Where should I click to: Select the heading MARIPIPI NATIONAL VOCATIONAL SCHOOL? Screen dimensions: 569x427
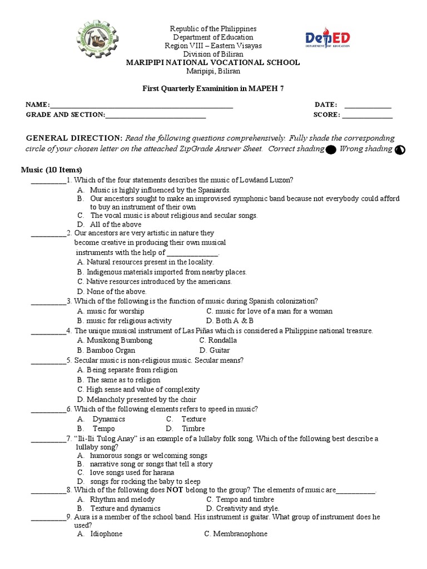point(213,62)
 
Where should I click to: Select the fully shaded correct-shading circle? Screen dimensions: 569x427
point(330,149)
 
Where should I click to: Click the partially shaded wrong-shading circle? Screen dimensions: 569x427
point(400,150)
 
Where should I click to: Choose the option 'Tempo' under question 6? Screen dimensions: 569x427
point(103,428)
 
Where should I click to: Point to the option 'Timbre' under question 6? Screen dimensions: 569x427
point(193,428)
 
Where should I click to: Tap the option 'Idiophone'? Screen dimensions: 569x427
point(106,533)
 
